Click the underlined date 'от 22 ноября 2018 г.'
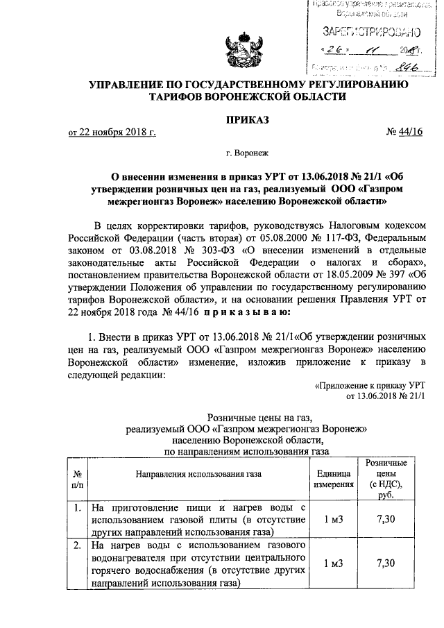click(112, 133)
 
